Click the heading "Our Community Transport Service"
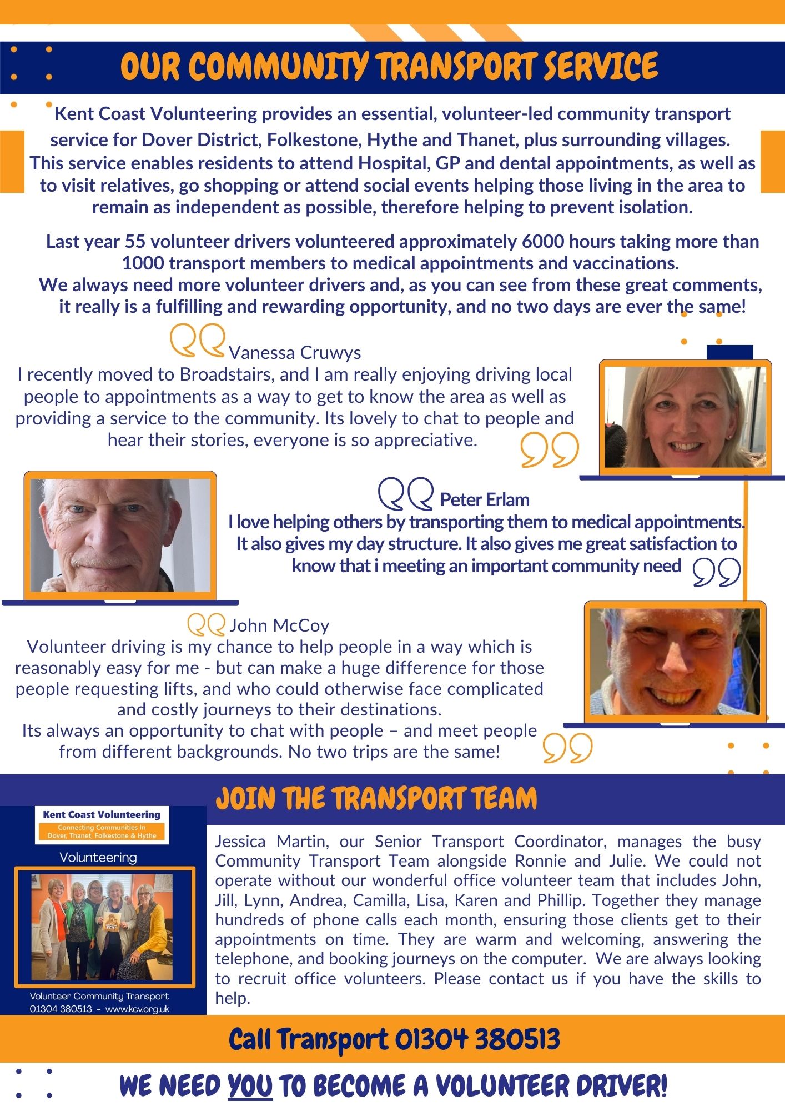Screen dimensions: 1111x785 coord(389,67)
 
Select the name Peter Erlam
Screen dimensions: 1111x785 coord(484,500)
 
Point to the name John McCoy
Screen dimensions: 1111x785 coord(279,626)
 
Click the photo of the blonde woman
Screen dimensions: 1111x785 coord(686,417)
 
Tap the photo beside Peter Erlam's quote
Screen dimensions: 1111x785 coord(120,535)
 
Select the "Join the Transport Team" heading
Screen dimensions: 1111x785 coord(376,799)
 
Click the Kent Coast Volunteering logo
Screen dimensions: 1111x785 coord(102,825)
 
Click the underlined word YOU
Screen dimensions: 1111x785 coord(250,1087)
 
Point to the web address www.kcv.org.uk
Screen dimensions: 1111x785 coord(137,1009)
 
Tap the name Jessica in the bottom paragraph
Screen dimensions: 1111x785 coord(240,842)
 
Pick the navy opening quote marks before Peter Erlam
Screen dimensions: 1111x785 coord(405,494)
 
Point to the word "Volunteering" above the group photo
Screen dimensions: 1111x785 coord(98,857)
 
